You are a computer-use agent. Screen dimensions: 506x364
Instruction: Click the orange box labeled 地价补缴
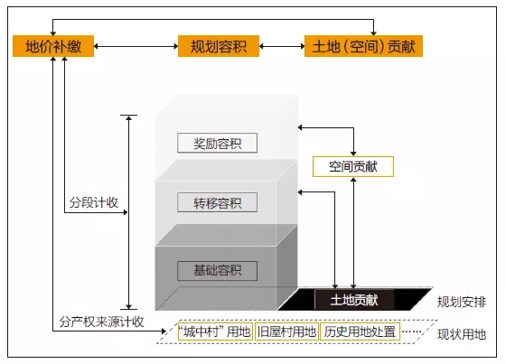click(53, 46)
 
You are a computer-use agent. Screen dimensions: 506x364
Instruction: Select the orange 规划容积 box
click(219, 46)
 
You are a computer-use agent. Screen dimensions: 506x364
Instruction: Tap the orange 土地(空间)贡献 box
click(363, 46)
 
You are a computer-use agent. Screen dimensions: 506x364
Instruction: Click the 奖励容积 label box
click(217, 143)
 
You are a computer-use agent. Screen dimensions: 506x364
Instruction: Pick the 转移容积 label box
click(217, 202)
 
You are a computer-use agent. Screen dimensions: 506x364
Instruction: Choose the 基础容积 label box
click(217, 271)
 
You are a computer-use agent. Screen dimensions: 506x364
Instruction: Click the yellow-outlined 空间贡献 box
click(353, 166)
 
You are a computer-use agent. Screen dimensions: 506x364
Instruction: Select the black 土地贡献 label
click(354, 300)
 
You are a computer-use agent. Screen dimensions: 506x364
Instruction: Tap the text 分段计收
click(94, 202)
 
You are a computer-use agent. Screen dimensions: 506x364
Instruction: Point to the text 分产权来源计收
click(101, 322)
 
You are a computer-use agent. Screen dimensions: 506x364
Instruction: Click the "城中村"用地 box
click(215, 331)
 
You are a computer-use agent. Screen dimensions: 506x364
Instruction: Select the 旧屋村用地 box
click(286, 331)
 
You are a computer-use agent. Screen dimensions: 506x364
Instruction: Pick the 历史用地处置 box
click(360, 331)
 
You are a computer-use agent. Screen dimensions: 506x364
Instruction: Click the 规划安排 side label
click(462, 302)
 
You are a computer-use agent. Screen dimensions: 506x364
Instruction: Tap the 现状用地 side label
click(462, 334)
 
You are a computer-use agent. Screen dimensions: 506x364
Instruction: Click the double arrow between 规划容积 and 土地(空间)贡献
click(282, 46)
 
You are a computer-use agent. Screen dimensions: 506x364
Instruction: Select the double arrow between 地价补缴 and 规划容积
click(136, 46)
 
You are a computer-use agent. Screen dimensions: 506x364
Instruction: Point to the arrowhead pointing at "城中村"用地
click(164, 331)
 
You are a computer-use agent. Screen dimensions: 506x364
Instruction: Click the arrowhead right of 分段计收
click(126, 212)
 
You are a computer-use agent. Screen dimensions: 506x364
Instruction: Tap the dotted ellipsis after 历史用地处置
click(412, 331)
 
